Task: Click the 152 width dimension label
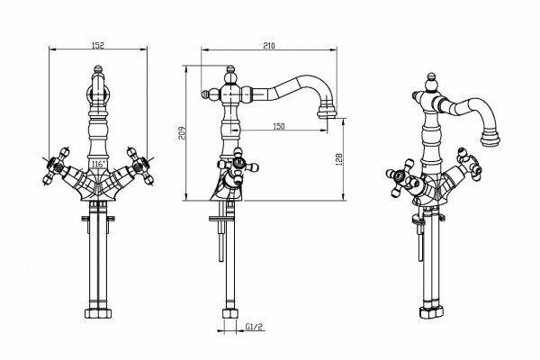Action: coord(98,45)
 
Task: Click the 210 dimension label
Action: coord(269,46)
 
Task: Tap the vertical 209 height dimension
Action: coord(182,133)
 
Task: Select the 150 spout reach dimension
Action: coord(279,126)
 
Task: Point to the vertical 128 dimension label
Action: coord(339,159)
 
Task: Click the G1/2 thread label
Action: coord(254,327)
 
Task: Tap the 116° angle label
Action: coord(97,165)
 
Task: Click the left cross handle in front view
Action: coord(57,166)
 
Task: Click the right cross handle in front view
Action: coord(139,166)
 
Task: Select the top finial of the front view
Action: coord(98,69)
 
